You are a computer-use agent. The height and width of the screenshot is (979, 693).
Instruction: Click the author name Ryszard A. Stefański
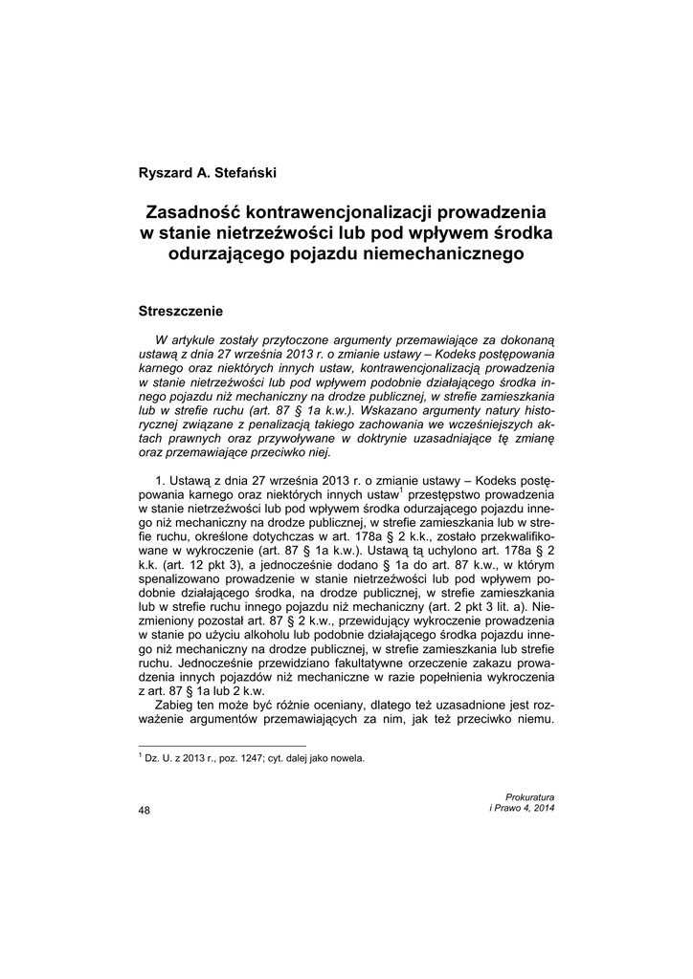pos(207,173)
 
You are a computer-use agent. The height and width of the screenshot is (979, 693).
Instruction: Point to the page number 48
pos(145,810)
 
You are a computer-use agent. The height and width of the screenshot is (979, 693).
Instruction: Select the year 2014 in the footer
pos(543,809)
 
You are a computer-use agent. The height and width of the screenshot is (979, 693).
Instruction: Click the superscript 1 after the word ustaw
pos(401,491)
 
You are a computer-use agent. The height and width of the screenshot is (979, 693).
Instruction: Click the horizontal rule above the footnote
pos(223,745)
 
